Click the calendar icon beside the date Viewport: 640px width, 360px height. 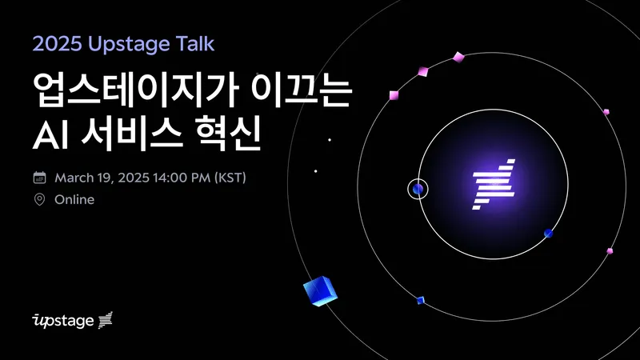[39, 177]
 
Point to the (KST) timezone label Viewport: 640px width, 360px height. [228, 177]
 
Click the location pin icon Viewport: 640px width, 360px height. [39, 199]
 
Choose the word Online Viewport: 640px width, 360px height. [74, 199]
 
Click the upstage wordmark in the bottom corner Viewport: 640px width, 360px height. [62, 322]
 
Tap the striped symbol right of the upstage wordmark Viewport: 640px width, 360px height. [106, 321]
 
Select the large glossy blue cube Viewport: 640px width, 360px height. [320, 291]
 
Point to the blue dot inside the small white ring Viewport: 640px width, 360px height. [418, 190]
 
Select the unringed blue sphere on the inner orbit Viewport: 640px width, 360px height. [548, 234]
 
